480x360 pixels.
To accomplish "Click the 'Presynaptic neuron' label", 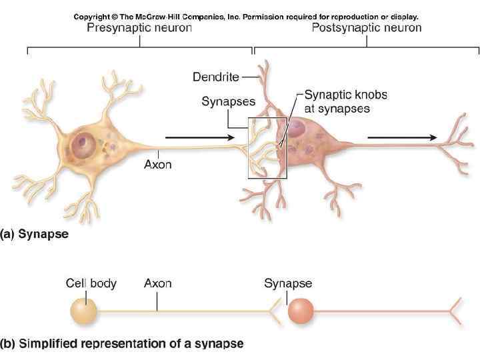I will pos(139,28).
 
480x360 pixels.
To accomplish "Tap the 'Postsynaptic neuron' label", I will pos(367,28).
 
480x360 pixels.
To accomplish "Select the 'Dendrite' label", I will pos(215,77).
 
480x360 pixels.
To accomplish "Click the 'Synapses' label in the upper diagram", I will pos(228,101).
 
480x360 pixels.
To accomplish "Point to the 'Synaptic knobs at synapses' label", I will pos(337,101).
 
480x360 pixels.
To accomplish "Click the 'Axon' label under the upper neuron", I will pos(158,164).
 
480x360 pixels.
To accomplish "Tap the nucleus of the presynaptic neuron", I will pos(85,142).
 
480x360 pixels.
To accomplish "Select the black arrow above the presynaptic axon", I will pos(199,138).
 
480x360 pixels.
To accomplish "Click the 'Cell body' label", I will pos(91,283).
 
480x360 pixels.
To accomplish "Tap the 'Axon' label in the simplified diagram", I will pos(158,283).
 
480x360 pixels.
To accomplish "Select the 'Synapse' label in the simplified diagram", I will pos(288,283).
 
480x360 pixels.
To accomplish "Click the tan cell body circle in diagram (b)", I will pos(83,311).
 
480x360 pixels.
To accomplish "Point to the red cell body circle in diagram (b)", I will pos(301,311).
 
